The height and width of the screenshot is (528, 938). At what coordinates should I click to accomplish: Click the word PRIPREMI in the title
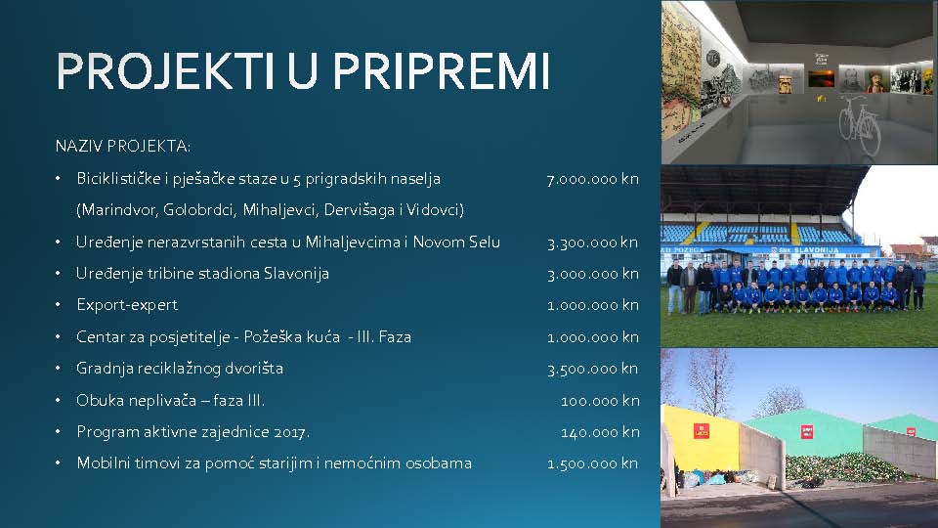[441, 70]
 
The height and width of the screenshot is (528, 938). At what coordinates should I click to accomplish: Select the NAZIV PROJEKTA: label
[123, 146]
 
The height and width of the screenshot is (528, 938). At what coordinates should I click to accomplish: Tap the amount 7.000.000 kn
[592, 179]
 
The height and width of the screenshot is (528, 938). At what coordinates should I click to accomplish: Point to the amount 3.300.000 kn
[592, 242]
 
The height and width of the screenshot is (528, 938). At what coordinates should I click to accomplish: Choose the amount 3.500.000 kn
[592, 369]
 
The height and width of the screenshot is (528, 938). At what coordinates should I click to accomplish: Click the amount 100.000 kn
[600, 401]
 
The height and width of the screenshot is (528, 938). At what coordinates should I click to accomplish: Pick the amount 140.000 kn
[600, 432]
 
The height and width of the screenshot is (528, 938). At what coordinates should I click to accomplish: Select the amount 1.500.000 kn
[592, 463]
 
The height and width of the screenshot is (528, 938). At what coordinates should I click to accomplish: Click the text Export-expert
[127, 305]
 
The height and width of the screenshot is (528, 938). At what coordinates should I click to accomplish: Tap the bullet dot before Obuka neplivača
[58, 400]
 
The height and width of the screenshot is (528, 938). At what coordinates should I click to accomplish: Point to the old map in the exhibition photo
[680, 71]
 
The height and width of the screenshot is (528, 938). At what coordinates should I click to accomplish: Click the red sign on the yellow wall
[702, 431]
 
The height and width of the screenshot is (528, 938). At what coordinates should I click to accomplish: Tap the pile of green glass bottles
[843, 467]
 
